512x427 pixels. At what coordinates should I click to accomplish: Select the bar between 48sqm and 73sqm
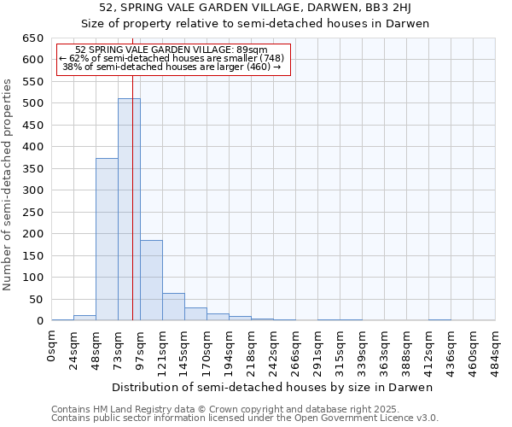[107, 239]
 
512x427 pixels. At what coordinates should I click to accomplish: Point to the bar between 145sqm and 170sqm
[195, 313]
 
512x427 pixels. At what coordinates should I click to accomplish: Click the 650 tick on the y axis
[32, 38]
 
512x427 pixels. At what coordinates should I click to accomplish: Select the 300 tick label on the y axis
[32, 190]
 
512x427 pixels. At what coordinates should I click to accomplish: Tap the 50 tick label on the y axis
[36, 299]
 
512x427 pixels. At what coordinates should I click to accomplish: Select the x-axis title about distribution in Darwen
[274, 387]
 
